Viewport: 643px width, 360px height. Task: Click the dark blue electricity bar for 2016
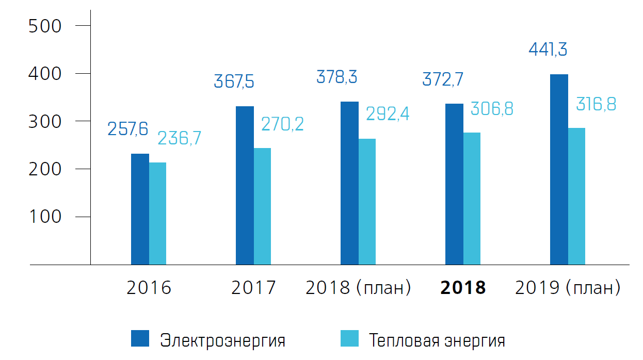[140, 209]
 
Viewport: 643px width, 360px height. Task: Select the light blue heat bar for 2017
[262, 206]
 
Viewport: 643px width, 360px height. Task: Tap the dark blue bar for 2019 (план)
[559, 170]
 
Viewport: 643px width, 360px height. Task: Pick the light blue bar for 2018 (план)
[367, 202]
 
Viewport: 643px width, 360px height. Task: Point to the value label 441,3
[548, 50]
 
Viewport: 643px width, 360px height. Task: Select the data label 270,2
[282, 124]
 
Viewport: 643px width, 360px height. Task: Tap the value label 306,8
[492, 109]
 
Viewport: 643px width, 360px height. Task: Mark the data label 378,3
[336, 77]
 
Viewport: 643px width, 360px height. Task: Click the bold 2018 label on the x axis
[463, 288]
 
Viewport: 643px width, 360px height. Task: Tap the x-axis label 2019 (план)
[568, 288]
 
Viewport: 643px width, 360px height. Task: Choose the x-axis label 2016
[149, 288]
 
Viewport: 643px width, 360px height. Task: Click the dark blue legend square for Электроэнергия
[140, 339]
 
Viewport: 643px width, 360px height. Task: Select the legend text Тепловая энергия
[437, 341]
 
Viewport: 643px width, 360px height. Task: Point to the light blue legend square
[349, 339]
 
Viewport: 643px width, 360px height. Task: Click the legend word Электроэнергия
[222, 341]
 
